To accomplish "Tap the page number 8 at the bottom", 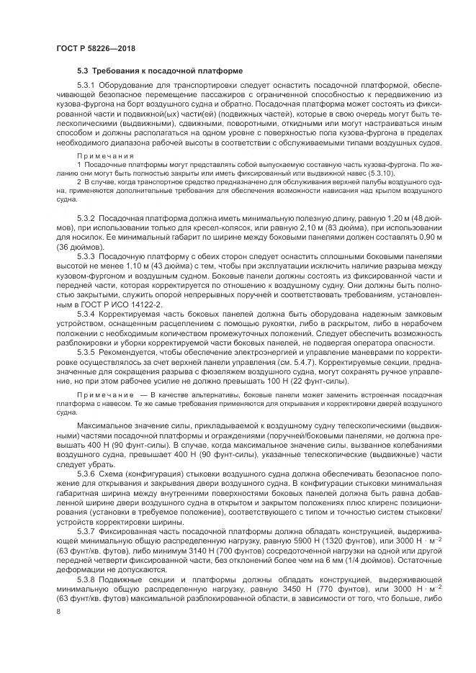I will tap(58, 611).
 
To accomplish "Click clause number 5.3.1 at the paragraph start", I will tap(86, 85).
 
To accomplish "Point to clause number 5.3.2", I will tap(86, 217).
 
